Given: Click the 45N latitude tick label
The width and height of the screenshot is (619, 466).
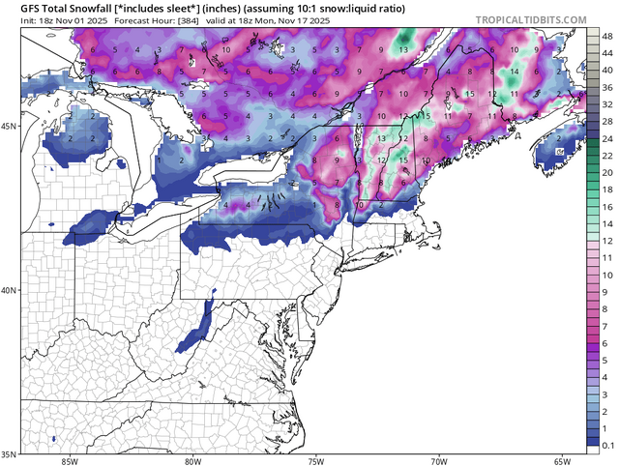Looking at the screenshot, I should pos(11,127).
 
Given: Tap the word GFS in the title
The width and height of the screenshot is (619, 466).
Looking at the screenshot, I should pos(17,7).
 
